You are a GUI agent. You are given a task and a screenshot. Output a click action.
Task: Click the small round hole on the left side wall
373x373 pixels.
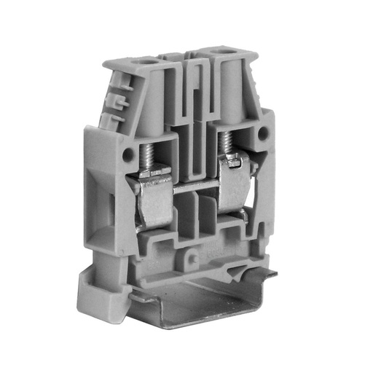(128, 155)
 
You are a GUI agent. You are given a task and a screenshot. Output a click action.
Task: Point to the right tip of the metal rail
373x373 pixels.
(275, 275)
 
